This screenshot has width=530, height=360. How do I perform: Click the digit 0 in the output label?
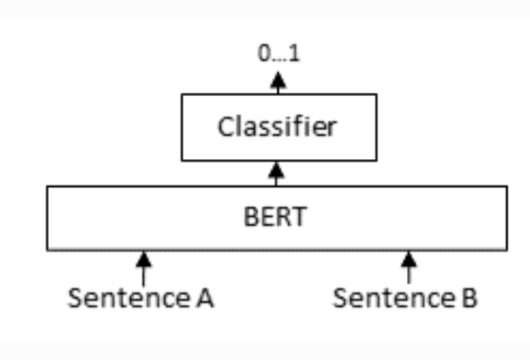(265, 53)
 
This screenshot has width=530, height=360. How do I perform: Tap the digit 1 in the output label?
(294, 53)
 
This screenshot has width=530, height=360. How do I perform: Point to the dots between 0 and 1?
(280, 60)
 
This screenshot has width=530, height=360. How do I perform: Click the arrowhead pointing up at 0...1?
(278, 80)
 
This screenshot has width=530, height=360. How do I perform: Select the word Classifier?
(277, 127)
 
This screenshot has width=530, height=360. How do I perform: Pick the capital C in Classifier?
(225, 127)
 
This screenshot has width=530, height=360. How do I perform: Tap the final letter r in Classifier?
(331, 129)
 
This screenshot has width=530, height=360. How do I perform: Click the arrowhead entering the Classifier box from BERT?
(276, 170)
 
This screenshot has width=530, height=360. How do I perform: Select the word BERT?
(275, 217)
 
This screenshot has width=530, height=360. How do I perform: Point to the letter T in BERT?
(299, 217)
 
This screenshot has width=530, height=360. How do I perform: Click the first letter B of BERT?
(251, 217)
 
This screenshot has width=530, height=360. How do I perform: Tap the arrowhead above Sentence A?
(144, 260)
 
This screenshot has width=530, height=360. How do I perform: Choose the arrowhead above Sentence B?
(409, 260)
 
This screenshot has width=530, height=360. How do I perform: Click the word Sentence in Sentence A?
(128, 298)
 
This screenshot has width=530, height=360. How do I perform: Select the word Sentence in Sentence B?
(394, 298)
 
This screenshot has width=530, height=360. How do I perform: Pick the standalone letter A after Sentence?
(205, 298)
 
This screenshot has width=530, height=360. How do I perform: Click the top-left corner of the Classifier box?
(182, 94)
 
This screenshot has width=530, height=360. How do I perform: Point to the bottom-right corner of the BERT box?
(507, 250)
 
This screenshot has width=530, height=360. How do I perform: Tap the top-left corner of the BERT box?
(47, 186)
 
